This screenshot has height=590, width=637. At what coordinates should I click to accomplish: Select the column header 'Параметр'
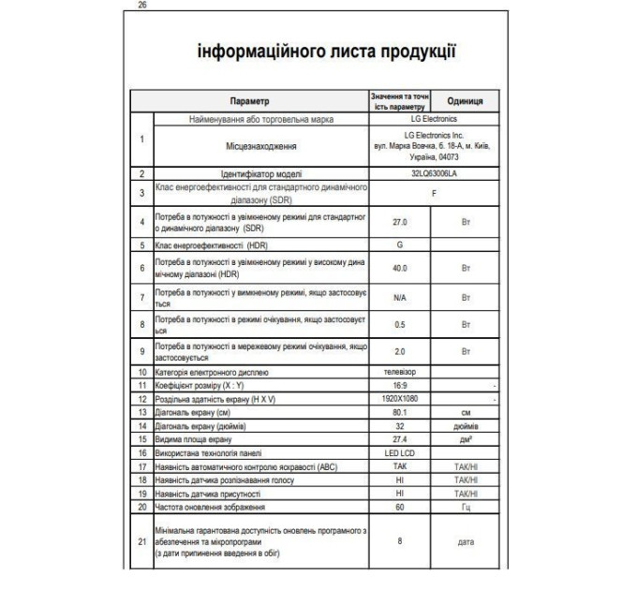[249, 101]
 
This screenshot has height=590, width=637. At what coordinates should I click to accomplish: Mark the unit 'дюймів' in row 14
[466, 423]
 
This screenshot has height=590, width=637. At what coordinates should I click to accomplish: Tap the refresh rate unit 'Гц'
[466, 507]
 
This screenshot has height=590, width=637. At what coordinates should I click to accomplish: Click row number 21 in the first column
[141, 540]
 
